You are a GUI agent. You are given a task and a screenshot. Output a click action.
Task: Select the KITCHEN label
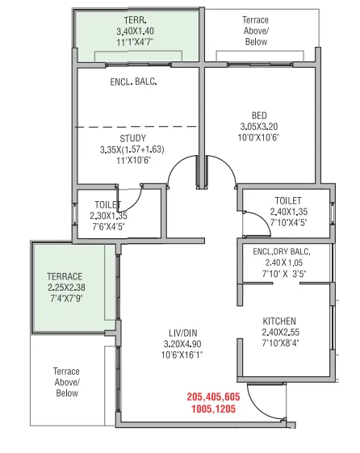[279, 321]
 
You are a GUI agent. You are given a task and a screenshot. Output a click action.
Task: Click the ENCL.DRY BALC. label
[281, 251]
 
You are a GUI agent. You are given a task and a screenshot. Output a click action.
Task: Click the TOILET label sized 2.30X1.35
[108, 205]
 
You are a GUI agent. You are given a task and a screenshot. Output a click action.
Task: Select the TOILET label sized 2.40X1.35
[287, 200]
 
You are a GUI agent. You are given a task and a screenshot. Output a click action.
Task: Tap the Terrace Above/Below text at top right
[261, 29]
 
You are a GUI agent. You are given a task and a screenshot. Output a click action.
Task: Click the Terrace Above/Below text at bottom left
[67, 383]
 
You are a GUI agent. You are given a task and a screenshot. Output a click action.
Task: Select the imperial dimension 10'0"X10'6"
[257, 139]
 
